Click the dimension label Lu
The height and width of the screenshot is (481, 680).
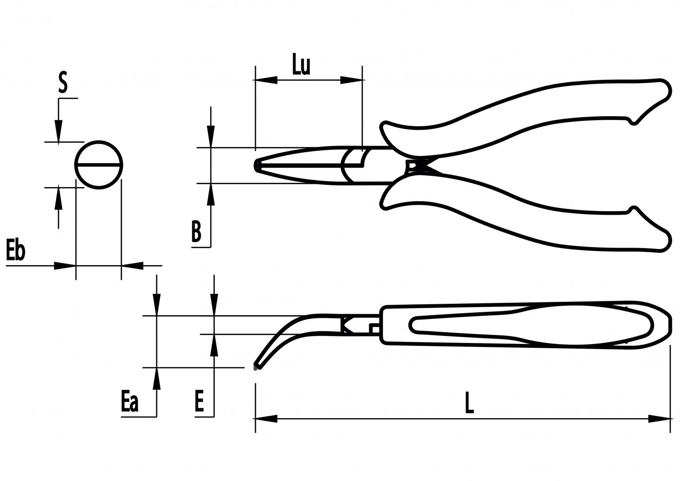[301, 66]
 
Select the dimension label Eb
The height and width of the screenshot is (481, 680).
[15, 251]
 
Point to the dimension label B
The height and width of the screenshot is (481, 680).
[196, 232]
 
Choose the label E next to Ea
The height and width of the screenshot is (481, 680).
[199, 403]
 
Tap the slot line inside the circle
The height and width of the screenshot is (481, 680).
[99, 165]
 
